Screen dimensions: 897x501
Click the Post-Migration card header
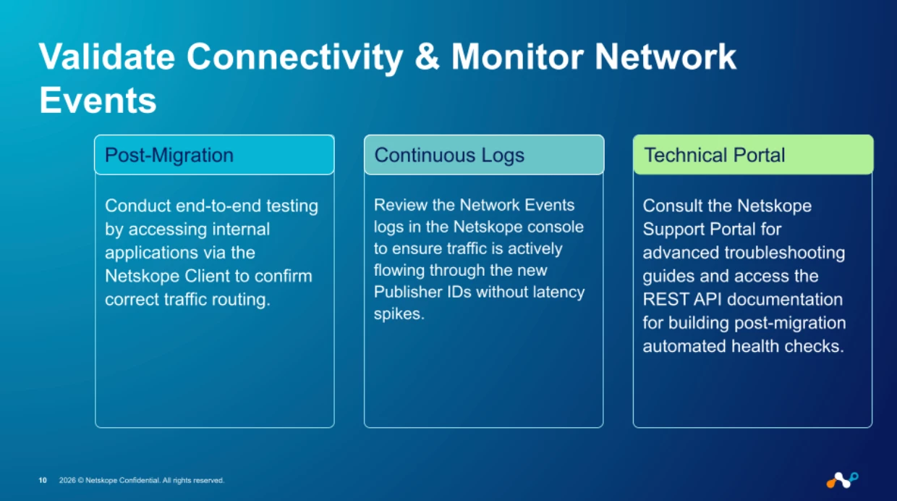(214, 155)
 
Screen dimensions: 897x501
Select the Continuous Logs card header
(484, 155)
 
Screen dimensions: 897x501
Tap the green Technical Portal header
(753, 155)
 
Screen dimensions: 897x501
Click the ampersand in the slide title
(427, 57)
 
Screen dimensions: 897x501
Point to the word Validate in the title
(107, 57)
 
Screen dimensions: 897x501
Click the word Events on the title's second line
(98, 100)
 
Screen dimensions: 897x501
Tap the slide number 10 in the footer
(43, 480)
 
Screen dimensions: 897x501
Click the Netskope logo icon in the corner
(842, 480)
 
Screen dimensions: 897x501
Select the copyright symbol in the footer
(80, 480)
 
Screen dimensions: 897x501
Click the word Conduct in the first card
(138, 206)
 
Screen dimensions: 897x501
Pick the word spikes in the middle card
(399, 313)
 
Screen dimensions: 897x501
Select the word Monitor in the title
(517, 57)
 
